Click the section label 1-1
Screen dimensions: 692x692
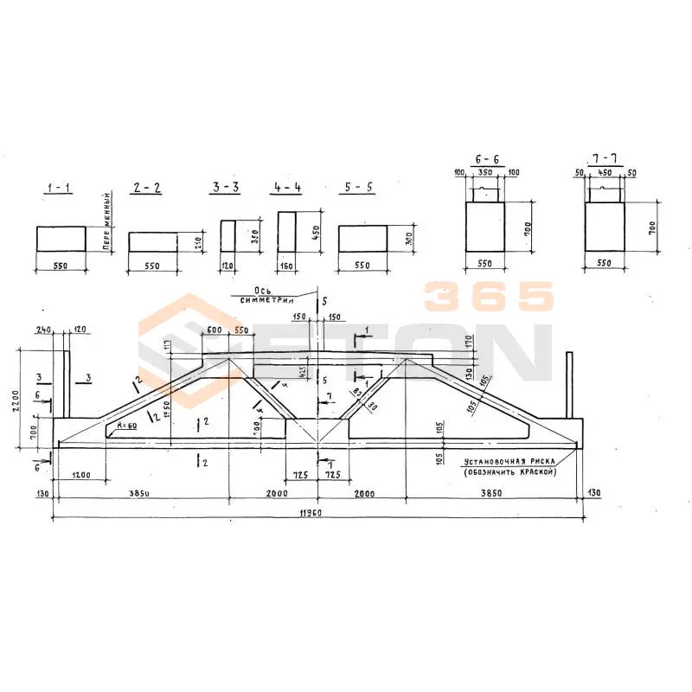pyautogui.click(x=60, y=188)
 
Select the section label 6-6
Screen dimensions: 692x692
pyautogui.click(x=487, y=161)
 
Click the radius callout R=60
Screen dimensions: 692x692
pyautogui.click(x=127, y=426)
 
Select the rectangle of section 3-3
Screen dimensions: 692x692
pyautogui.click(x=227, y=236)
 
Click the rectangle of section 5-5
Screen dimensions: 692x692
pyautogui.click(x=362, y=239)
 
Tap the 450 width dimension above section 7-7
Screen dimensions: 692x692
pyautogui.click(x=605, y=174)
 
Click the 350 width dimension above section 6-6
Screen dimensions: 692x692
pyautogui.click(x=487, y=174)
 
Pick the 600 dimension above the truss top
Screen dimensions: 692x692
pyautogui.click(x=215, y=331)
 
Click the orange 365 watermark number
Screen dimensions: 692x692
pyautogui.click(x=488, y=298)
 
